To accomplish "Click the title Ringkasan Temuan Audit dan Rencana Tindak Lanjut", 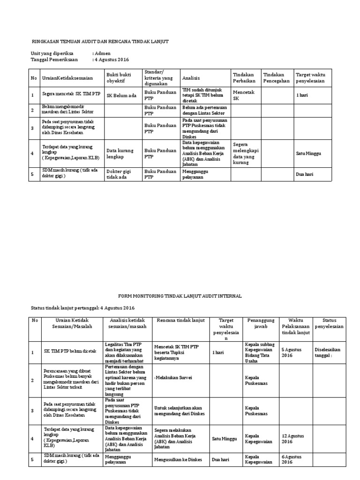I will (99, 42).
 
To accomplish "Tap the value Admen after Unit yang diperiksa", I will (102, 53).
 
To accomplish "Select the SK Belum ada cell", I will (121, 96).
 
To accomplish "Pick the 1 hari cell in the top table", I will (302, 96).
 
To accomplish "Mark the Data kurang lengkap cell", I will (120, 153).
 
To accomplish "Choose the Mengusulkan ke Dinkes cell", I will (178, 460).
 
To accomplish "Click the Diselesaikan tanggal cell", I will (328, 352).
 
